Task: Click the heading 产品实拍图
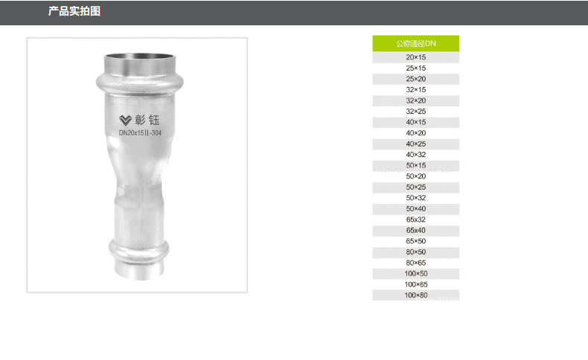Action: click(74, 11)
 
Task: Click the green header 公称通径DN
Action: click(415, 43)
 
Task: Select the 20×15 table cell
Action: click(415, 57)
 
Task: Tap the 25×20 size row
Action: click(415, 79)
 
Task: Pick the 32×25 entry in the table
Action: click(415, 112)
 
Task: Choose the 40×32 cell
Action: click(415, 155)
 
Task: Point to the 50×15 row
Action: click(415, 166)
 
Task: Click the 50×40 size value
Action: click(415, 209)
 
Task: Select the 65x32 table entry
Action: click(415, 219)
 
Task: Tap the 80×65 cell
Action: click(415, 263)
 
